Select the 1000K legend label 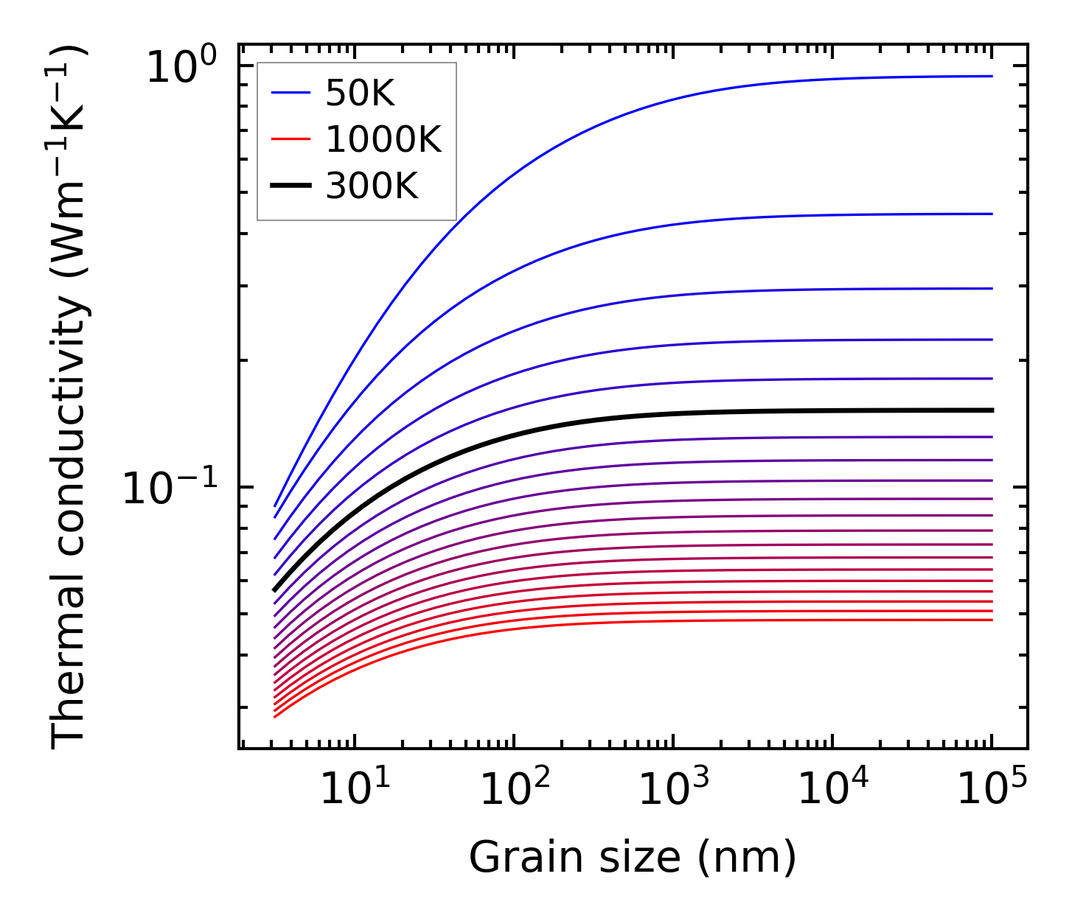point(383,140)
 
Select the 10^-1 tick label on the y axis point(170,488)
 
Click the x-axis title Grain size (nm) point(633,857)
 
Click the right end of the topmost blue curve point(992,76)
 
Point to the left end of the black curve point(275,589)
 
